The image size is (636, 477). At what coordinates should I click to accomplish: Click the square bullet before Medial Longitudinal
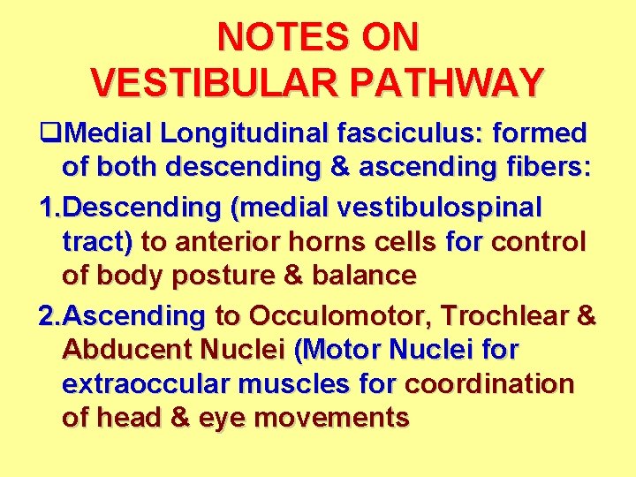tap(49, 134)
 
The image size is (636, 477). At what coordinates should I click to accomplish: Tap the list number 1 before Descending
tap(49, 208)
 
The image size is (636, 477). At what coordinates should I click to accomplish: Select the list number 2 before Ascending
tap(49, 315)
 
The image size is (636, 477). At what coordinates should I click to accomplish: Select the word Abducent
tap(132, 351)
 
